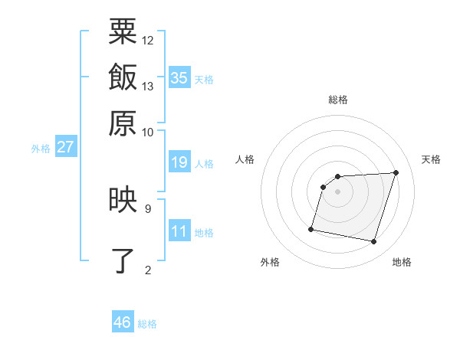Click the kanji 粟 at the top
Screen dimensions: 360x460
123,32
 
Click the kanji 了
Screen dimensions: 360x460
123,260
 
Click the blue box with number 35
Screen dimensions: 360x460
179,77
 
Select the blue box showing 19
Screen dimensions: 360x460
179,162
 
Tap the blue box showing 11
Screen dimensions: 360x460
179,231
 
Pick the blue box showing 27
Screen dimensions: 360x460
65,147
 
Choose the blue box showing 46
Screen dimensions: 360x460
123,322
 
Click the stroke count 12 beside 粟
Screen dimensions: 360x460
148,40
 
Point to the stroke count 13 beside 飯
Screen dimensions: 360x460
148,86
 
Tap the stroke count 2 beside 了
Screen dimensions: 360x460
148,269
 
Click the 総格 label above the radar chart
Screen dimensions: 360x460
338,100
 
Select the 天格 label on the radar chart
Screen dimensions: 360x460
432,159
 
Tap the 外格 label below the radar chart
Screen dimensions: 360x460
270,263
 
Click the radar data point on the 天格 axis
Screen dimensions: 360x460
396,173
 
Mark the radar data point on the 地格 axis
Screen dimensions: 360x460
374,242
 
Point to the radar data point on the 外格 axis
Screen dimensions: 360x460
311,228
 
